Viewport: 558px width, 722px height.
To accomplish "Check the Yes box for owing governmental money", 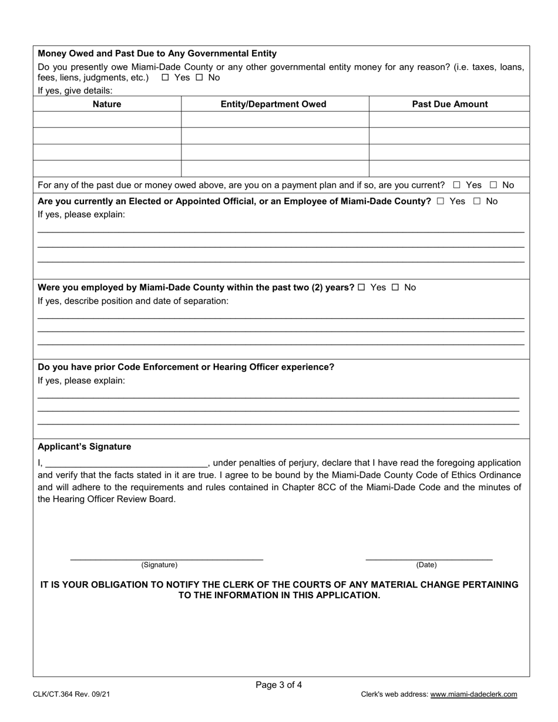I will click(x=165, y=77).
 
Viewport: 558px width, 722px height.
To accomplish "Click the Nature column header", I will click(x=107, y=104).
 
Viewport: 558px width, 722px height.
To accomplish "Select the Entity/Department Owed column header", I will click(x=274, y=104).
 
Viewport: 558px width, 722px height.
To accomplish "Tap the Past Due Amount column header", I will click(x=450, y=104).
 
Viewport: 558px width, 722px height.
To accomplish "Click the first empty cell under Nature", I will click(x=107, y=120).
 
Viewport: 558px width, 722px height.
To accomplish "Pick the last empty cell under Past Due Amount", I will click(x=450, y=169).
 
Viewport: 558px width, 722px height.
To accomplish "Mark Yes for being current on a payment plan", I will click(x=456, y=185).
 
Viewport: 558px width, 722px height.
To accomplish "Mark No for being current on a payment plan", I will click(x=493, y=185).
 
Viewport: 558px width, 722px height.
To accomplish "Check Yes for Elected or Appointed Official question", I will click(x=441, y=201).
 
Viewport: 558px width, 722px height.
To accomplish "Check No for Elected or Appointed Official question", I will click(x=477, y=201).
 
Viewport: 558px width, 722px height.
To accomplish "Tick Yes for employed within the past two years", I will click(x=361, y=288).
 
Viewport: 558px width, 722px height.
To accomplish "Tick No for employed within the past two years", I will click(x=395, y=288).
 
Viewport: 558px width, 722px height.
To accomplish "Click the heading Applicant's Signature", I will click(x=85, y=447).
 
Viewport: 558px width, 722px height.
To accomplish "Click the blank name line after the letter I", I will click(x=126, y=464).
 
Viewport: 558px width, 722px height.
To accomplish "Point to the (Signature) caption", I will click(x=159, y=565).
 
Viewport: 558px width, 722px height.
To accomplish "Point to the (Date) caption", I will click(x=426, y=565).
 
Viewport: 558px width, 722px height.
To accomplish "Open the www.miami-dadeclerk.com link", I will click(x=473, y=694).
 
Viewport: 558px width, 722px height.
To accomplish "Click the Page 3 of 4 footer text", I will click(x=279, y=684).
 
